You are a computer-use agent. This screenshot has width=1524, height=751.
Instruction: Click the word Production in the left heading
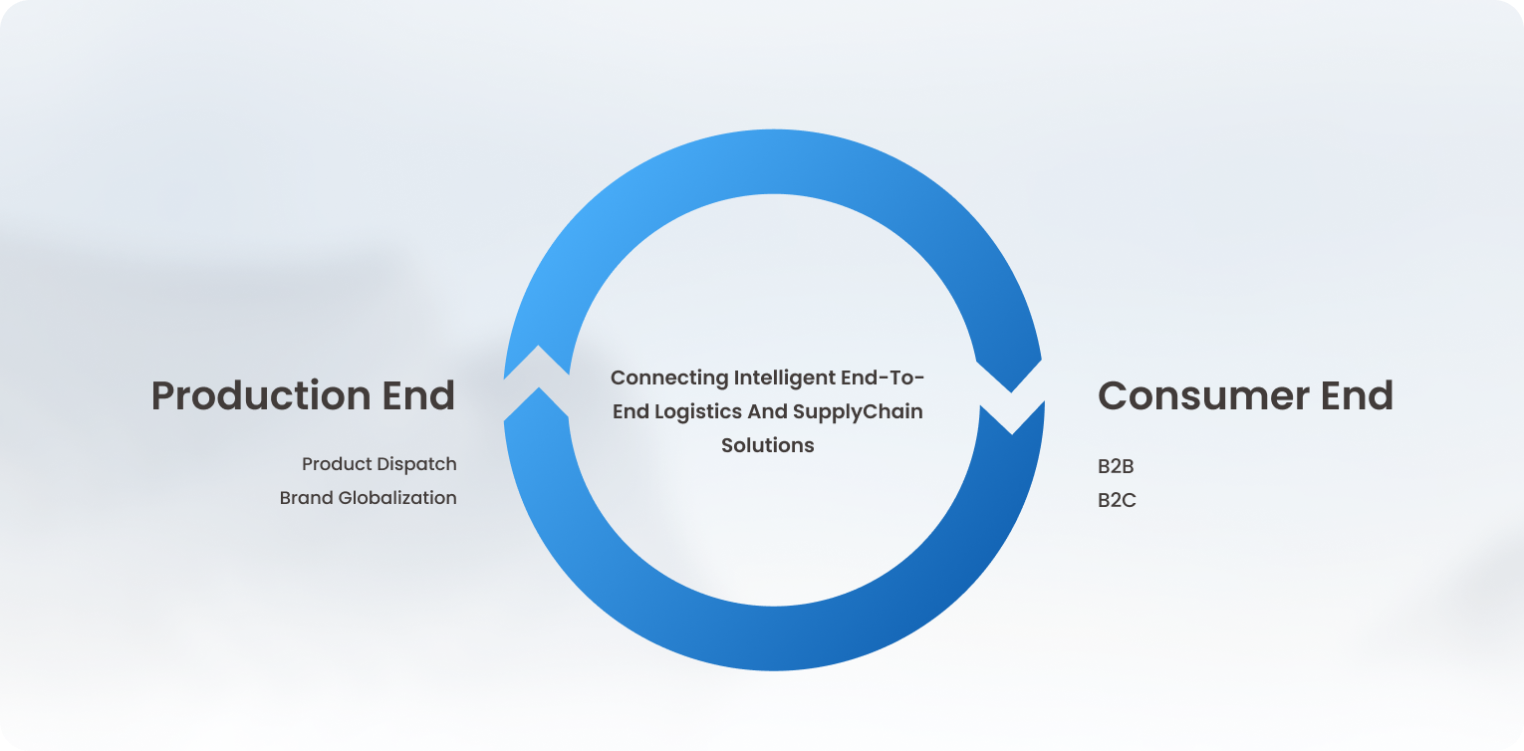[261, 395]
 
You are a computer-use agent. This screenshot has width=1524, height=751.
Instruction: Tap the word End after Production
[417, 394]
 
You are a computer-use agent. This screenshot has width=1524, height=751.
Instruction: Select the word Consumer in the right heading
[1203, 395]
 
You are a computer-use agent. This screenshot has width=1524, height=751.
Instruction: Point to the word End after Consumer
[1357, 394]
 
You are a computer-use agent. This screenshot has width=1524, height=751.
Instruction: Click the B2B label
[1116, 467]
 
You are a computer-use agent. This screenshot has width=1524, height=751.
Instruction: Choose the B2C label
[1117, 501]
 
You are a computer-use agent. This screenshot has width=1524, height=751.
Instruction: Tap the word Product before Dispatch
[335, 464]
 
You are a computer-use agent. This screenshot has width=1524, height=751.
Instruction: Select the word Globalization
[397, 498]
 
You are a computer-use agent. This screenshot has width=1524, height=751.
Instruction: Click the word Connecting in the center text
[668, 378]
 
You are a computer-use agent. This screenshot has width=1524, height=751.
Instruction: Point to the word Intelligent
[784, 378]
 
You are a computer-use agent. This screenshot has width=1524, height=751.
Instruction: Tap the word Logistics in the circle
[698, 412]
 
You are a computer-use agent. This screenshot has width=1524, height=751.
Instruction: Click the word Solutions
[767, 445]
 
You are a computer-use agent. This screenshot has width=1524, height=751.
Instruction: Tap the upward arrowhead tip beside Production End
[538, 346]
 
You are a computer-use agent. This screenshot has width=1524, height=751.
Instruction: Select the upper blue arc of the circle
[774, 162]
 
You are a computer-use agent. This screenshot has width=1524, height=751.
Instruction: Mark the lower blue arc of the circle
[774, 638]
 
